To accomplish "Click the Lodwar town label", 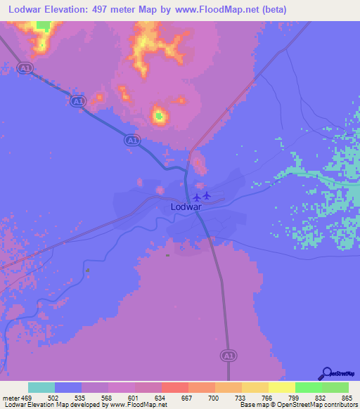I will pyautogui.click(x=188, y=208).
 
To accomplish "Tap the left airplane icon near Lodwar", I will pyautogui.click(x=197, y=196).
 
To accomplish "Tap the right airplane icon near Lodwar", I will pyautogui.click(x=207, y=195).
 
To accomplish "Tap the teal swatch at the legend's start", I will pyautogui.click(x=41, y=387).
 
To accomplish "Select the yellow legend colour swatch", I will pyautogui.click(x=282, y=387).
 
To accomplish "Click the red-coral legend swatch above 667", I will pyautogui.click(x=175, y=387).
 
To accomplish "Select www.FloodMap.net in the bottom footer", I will pyautogui.click(x=139, y=405).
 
